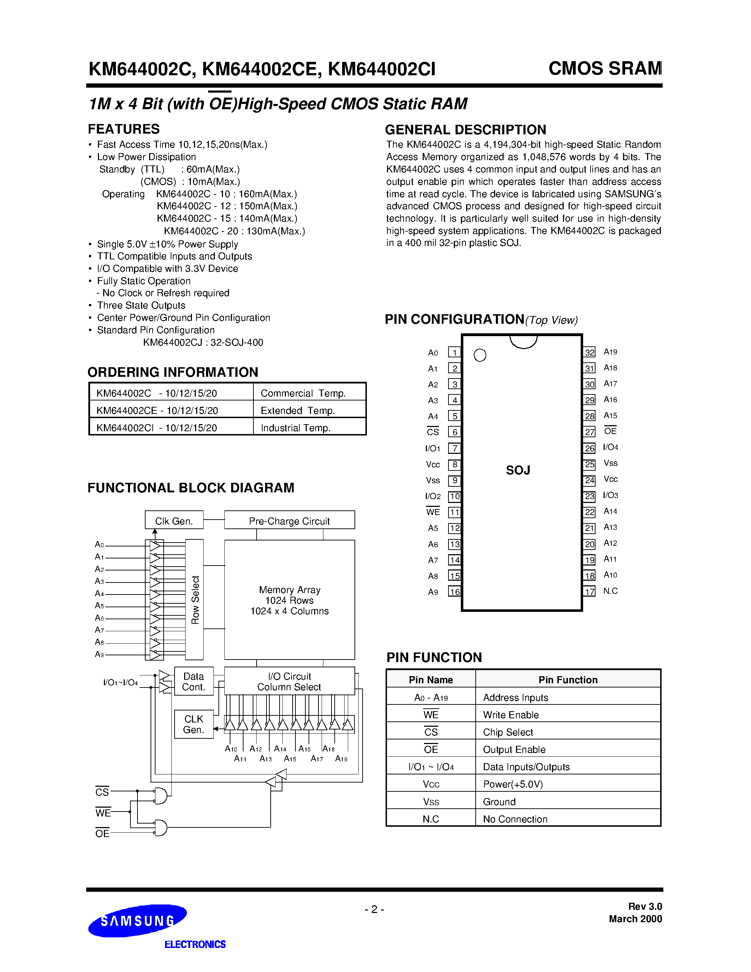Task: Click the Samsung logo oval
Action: [x=137, y=921]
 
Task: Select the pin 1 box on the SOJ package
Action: [x=454, y=352]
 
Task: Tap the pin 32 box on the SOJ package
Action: [x=589, y=352]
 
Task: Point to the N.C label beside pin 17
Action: [x=610, y=591]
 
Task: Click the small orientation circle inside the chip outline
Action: [x=480, y=355]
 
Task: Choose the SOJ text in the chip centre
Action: [x=518, y=470]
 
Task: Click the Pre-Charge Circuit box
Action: [x=289, y=520]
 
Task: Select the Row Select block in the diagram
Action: [x=194, y=599]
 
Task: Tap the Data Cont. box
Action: [x=194, y=681]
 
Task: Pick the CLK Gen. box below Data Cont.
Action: [x=194, y=724]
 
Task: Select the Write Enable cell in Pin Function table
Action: [x=511, y=715]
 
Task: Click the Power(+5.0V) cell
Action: [x=513, y=784]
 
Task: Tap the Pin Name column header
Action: [x=431, y=680]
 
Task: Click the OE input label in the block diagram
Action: [x=102, y=833]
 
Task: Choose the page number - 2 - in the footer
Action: [x=374, y=909]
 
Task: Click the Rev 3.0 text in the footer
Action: [x=645, y=907]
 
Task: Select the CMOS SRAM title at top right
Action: [x=605, y=69]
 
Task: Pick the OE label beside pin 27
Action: [x=610, y=431]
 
